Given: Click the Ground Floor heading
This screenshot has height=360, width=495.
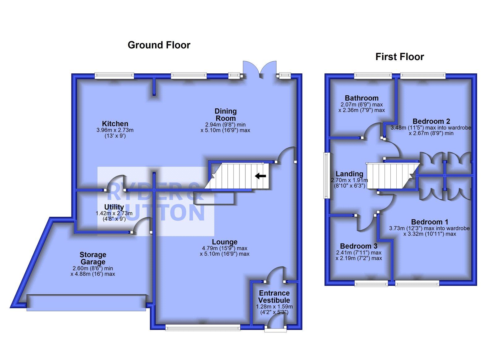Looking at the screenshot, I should coord(159,45).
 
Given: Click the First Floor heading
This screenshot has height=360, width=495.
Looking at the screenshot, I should coord(399,57).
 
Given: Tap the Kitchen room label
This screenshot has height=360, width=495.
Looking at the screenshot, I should coord(115,124).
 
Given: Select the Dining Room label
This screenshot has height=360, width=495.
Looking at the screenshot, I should coord(226,115).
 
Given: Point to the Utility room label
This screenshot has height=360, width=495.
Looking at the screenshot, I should coord(114,207).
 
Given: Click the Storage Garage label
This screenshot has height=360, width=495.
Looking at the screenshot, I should coord(93,258).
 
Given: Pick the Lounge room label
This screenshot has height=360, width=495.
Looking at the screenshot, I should coord(225,242).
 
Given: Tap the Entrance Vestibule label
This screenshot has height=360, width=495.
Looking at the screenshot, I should coord(274,297).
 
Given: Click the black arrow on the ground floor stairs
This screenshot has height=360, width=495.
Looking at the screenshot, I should coord(260,176).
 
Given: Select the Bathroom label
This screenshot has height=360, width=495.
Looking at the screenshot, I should coord(362,98).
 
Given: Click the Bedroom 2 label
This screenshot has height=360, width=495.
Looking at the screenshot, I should coord(431,121).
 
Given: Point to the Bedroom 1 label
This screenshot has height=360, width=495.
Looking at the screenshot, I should coord(429,222).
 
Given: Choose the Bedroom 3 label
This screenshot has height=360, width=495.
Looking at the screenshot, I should coord(359,246).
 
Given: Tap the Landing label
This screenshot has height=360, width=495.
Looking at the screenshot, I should coord(349,174).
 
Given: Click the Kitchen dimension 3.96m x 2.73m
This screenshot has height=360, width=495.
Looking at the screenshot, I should coord(115,130).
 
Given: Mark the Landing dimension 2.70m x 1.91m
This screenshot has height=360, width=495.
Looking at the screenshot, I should coord(350,180).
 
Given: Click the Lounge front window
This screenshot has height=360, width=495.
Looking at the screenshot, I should coord(203,327).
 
